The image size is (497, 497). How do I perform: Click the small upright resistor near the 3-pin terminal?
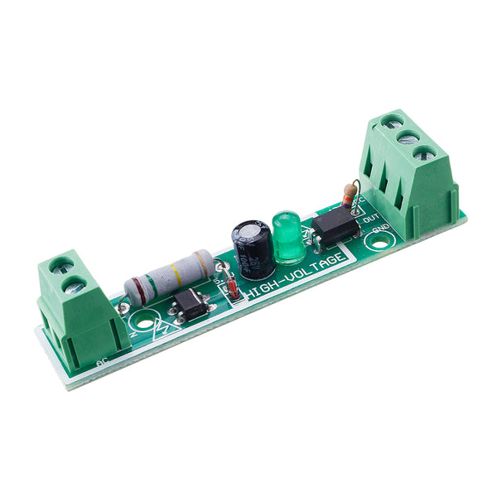click(349, 196)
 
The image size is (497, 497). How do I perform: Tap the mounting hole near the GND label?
click(379, 243)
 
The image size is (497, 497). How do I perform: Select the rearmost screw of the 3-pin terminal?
click(392, 122)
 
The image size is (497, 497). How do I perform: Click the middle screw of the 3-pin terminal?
click(408, 137)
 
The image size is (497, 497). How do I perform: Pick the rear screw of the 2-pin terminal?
click(60, 266)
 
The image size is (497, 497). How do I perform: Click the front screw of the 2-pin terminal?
click(75, 287)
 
